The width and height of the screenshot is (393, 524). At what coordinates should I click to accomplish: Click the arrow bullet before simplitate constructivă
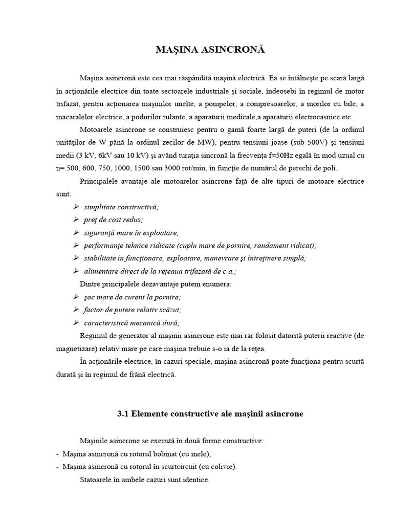(x=76, y=206)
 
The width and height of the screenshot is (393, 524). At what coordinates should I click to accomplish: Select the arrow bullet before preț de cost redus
(x=76, y=219)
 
